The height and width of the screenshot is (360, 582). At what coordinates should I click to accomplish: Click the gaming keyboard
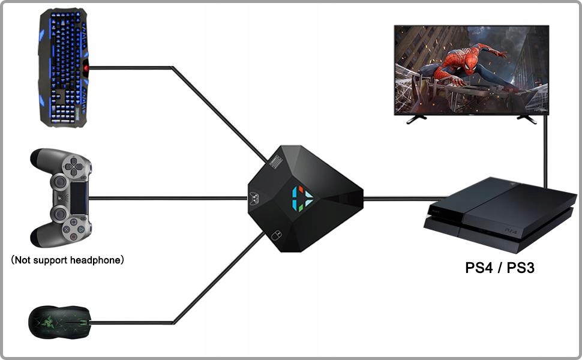coord(63,67)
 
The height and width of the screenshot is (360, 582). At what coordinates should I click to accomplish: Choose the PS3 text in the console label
coord(520,268)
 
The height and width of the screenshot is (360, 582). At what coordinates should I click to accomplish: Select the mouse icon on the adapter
coord(275,235)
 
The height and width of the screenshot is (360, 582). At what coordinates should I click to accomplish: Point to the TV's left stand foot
coord(413,119)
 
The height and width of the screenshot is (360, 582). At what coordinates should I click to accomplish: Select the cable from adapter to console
coord(402,198)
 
